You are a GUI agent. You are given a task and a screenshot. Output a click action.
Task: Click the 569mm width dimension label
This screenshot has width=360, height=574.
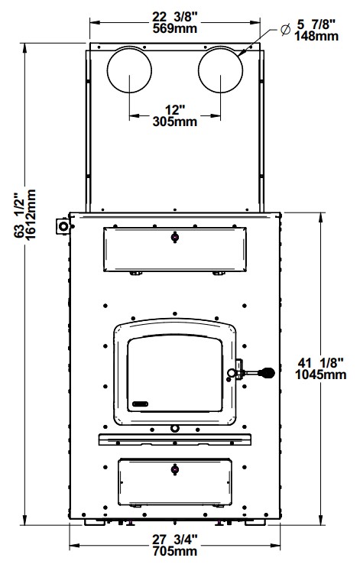pyautogui.click(x=175, y=28)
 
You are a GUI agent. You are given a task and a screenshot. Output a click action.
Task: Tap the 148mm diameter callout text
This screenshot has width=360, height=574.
pyautogui.click(x=316, y=36)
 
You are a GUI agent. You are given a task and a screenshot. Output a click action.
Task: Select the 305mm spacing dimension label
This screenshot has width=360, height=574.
pyautogui.click(x=175, y=122)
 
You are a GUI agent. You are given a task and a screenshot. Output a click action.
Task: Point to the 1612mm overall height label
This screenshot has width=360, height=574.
pyautogui.click(x=31, y=214)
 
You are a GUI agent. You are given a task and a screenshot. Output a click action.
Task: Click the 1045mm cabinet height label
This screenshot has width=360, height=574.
pyautogui.click(x=320, y=375)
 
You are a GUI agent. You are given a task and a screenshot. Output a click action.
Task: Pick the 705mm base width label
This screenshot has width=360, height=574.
pyautogui.click(x=175, y=551)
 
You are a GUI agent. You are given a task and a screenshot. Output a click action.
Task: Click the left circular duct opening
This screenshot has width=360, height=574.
pyautogui.click(x=129, y=70)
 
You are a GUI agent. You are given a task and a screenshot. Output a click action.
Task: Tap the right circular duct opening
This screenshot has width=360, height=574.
pyautogui.click(x=220, y=70)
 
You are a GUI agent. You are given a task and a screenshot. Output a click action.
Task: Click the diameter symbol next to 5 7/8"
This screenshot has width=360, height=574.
pyautogui.click(x=285, y=29)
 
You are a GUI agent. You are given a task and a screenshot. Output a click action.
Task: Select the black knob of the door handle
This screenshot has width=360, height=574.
pyautogui.click(x=267, y=373)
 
